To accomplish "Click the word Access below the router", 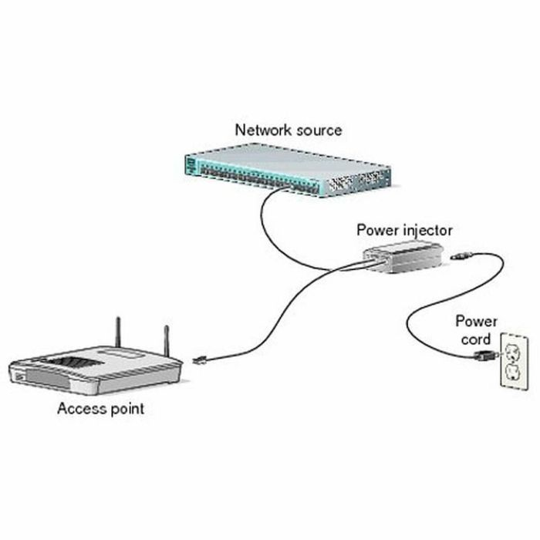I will point(80,408).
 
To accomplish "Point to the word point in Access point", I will point(124,409).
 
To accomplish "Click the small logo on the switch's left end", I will point(191,163).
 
